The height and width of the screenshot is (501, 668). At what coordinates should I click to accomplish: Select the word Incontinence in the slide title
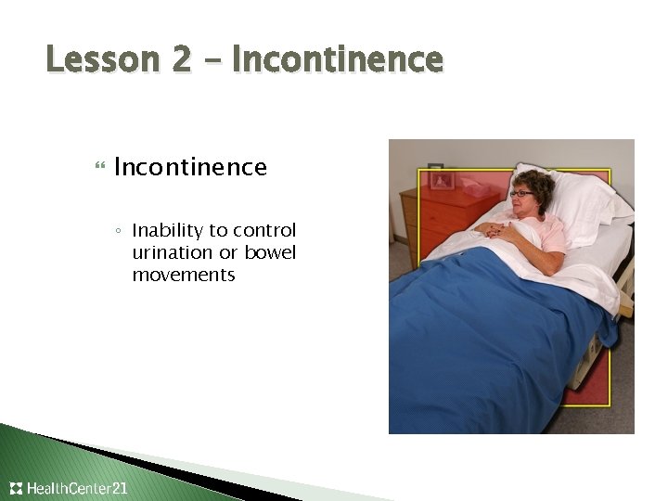tap(337, 60)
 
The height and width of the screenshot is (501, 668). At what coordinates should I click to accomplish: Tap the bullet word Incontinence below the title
tap(190, 167)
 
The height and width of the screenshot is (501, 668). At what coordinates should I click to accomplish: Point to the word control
tap(267, 230)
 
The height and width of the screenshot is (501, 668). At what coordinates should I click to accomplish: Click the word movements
tap(184, 275)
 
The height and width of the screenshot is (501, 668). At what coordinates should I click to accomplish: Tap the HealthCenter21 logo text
tap(78, 488)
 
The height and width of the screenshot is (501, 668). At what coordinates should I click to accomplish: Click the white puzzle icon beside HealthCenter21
tap(16, 488)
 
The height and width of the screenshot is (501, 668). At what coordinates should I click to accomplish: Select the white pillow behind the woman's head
tap(575, 204)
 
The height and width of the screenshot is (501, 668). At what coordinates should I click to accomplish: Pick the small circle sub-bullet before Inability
tap(120, 231)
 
